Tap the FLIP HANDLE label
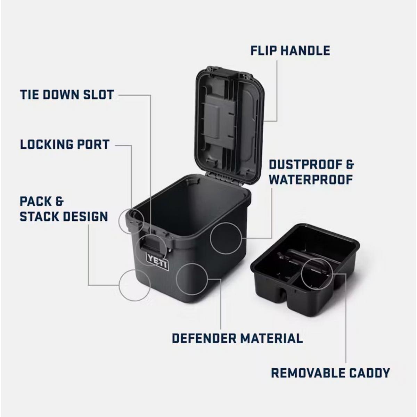coord(290,51)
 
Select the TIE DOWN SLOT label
coord(67,95)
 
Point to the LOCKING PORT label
coord(65,144)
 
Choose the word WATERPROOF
coord(311,180)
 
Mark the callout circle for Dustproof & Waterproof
coord(226,238)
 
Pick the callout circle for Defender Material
coord(192,279)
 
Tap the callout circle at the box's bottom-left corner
coord(134,285)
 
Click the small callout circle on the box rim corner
coord(131,221)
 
